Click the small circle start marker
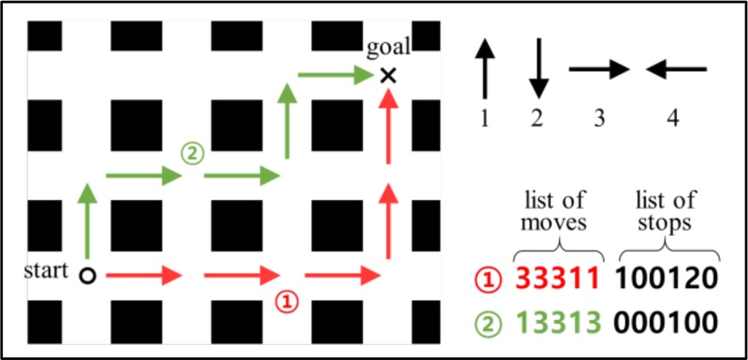click(87, 276)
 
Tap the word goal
click(388, 46)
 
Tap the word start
click(47, 271)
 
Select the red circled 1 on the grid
click(289, 301)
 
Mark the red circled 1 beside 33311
click(488, 279)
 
